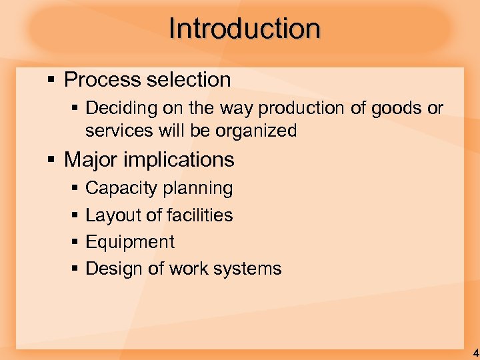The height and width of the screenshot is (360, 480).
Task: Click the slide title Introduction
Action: (245, 29)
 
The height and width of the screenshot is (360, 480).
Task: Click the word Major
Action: (92, 160)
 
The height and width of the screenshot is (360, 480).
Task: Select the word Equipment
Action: (130, 243)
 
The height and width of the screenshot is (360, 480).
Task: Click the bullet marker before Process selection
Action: (51, 81)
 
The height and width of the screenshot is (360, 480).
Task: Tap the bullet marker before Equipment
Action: (75, 243)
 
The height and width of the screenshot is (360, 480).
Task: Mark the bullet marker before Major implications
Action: (51, 161)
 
